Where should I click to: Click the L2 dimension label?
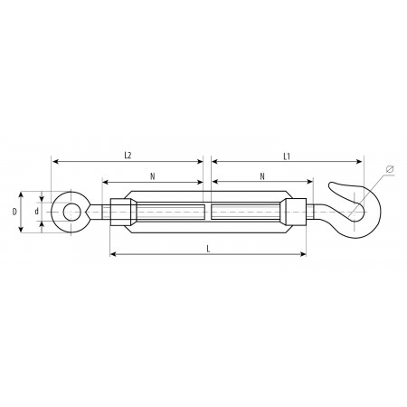[128, 156]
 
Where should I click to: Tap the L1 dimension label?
[287, 156]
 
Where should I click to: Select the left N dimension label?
[153, 176]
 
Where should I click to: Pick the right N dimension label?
[262, 176]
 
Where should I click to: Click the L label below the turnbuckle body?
[208, 249]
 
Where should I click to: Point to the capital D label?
[14, 212]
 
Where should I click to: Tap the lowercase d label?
[36, 212]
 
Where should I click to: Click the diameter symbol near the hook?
[390, 169]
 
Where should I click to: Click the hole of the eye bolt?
[71, 212]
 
